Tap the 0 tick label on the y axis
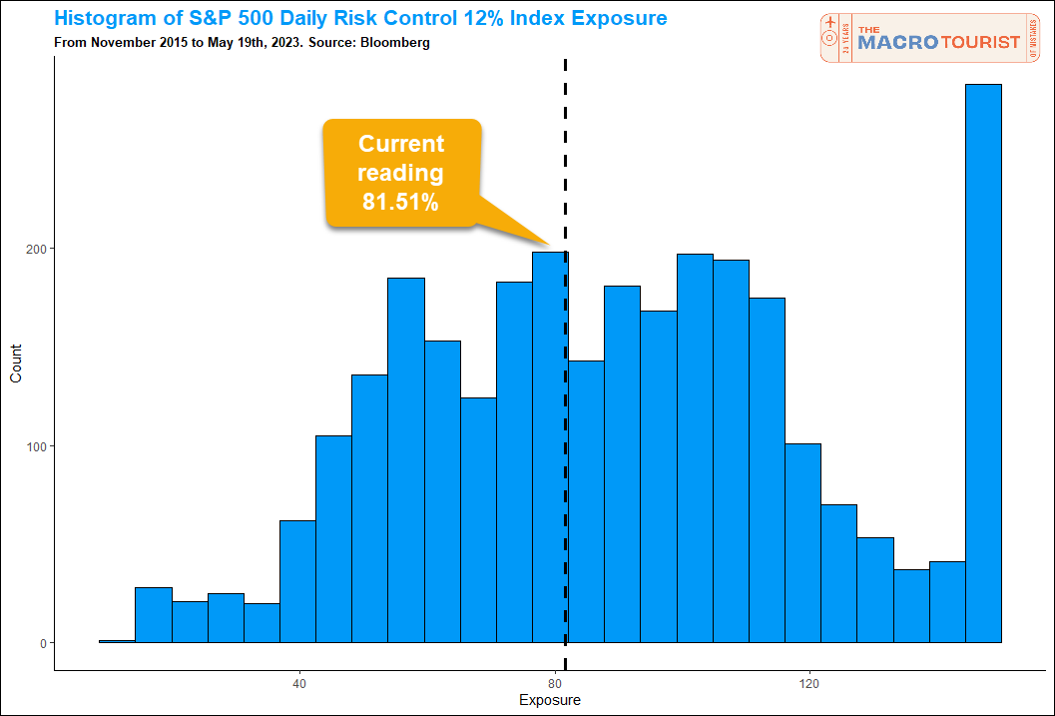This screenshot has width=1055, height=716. [x=44, y=643]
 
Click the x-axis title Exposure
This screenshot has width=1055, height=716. [x=550, y=701]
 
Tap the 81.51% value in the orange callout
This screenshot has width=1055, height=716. [x=400, y=203]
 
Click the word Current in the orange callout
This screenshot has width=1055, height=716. [x=401, y=144]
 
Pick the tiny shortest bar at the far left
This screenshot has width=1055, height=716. [x=117, y=641]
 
